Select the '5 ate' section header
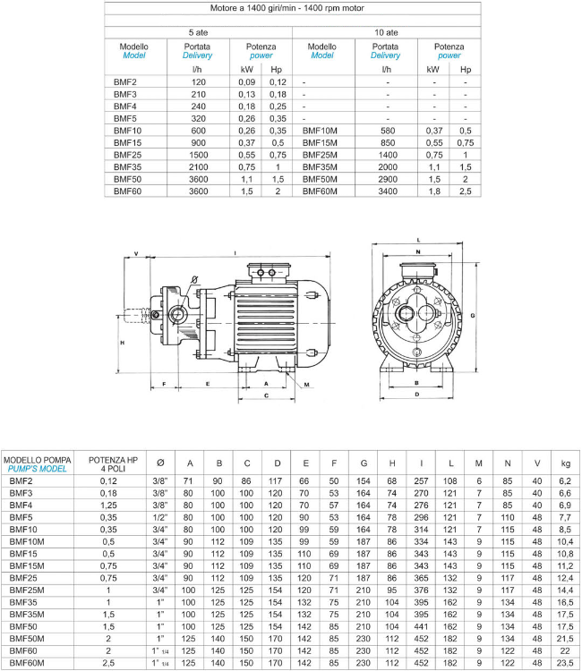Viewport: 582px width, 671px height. tap(199, 32)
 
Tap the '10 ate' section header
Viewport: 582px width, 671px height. tap(386, 32)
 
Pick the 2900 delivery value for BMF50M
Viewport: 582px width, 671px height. tap(387, 179)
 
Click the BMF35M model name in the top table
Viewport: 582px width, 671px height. tap(321, 166)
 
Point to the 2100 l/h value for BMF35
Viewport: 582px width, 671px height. tap(198, 166)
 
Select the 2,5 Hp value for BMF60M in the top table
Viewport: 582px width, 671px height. tap(465, 191)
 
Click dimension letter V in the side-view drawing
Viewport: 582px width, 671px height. tap(136, 254)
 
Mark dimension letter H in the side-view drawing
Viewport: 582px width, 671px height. tap(122, 343)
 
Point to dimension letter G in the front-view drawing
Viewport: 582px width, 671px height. tap(471, 314)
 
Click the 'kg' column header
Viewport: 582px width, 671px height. tap(565, 463)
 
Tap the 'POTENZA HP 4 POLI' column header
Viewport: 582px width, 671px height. tap(113, 463)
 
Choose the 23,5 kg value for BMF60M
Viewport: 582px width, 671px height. tap(565, 665)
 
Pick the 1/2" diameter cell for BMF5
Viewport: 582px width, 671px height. tap(160, 517)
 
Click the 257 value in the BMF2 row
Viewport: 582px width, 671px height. tap(421, 480)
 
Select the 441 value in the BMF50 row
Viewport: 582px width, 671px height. tap(421, 628)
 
